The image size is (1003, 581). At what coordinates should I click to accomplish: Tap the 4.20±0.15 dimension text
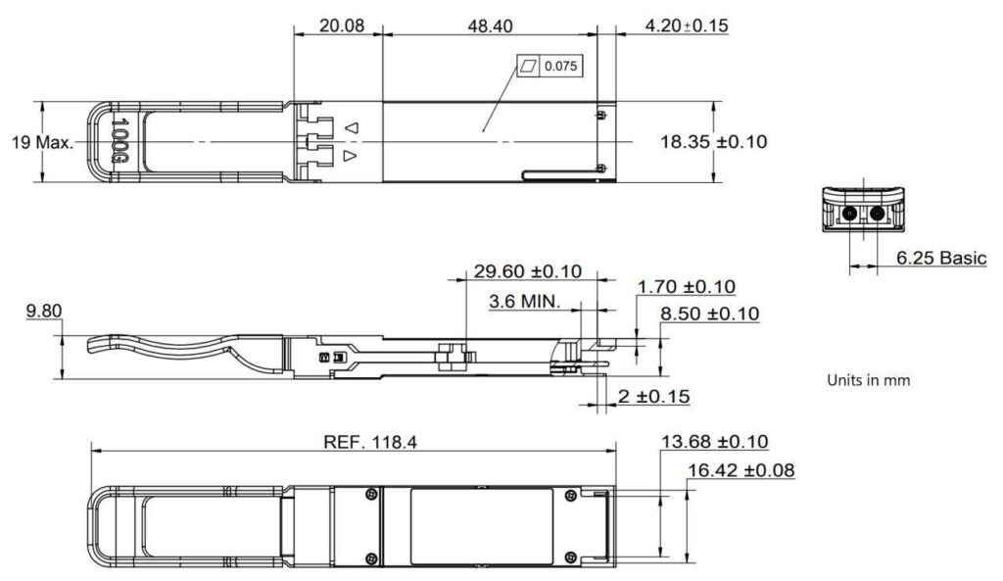[687, 26]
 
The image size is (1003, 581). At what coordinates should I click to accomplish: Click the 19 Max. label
[42, 143]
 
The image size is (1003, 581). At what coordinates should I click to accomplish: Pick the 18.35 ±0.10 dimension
[713, 142]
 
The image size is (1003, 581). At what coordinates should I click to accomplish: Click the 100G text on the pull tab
[120, 142]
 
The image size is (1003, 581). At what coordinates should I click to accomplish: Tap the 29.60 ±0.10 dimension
[528, 271]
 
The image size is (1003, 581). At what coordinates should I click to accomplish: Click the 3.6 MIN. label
[525, 302]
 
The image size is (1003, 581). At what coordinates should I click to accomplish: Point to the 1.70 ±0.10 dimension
[687, 287]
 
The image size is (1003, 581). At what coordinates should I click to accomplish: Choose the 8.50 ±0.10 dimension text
[710, 314]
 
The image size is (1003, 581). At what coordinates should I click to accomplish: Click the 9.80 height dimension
[44, 312]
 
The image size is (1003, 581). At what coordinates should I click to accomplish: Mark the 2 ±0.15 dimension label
[654, 396]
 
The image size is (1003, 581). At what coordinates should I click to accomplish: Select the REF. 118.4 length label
[370, 442]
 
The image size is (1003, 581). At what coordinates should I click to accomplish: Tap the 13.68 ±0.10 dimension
[715, 442]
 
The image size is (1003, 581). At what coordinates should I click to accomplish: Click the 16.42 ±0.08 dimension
[740, 471]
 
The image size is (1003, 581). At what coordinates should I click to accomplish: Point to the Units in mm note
[868, 380]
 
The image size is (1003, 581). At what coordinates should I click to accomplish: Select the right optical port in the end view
[877, 215]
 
